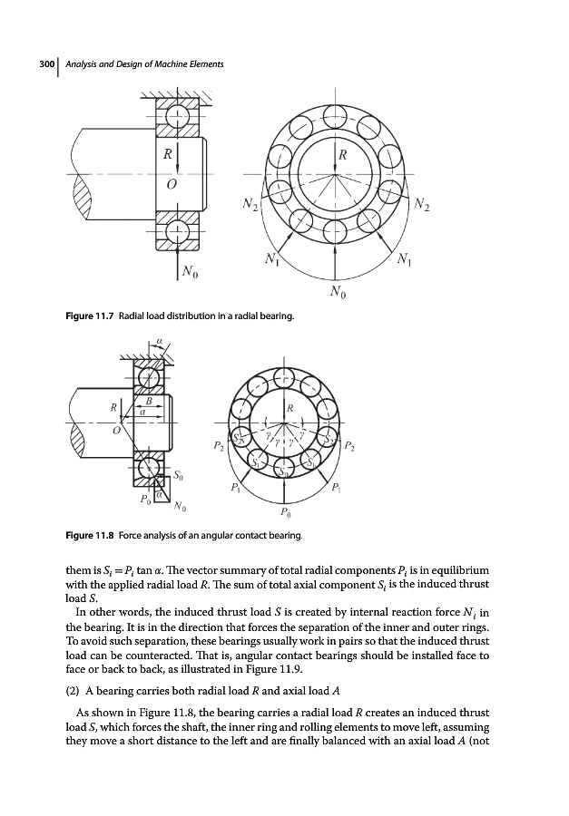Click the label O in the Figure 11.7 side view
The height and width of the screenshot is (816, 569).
[168, 184]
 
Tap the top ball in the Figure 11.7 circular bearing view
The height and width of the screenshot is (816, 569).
[336, 115]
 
